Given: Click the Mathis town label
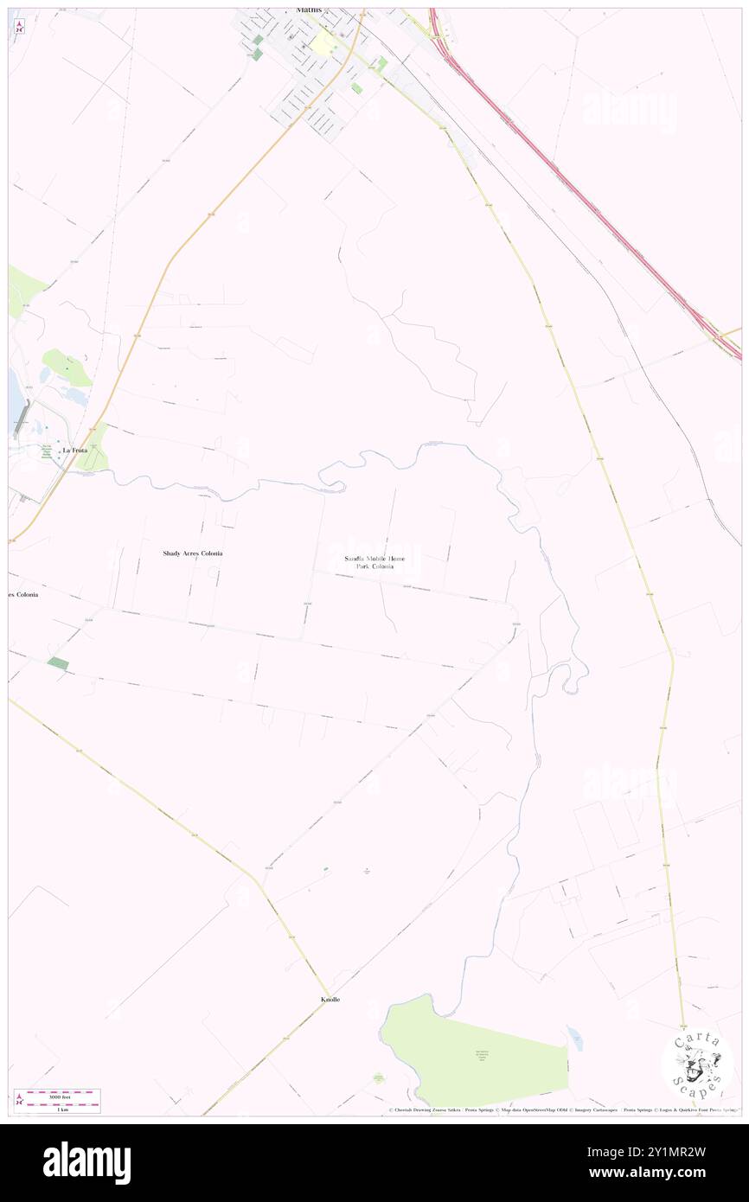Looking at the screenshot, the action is coord(308,10).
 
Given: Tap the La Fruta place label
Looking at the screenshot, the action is coord(74,451).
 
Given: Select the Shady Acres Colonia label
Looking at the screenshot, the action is coord(193,553).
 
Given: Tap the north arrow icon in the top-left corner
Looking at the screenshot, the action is coord(19,26).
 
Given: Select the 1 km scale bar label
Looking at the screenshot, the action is coord(57,1108).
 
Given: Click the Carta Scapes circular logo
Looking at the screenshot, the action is coord(697,1063).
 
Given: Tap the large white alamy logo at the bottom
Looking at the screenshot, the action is coord(86,1163).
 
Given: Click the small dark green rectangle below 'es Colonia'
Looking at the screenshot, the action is coord(58,663).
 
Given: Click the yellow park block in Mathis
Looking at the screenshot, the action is coord(324,42).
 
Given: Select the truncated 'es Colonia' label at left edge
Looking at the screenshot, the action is coord(23,595).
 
